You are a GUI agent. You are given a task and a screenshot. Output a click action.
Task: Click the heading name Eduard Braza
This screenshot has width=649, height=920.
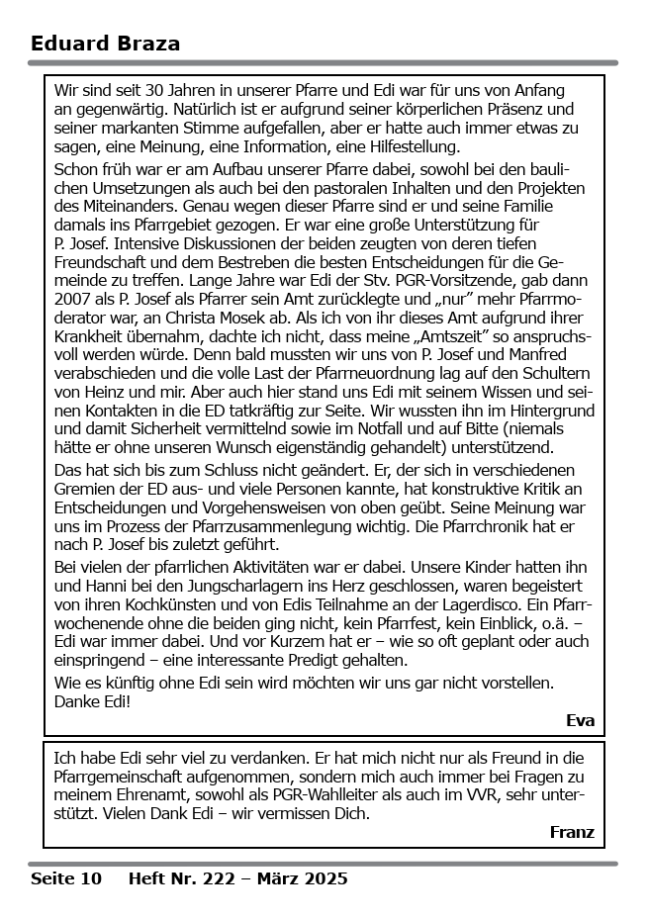click(x=105, y=44)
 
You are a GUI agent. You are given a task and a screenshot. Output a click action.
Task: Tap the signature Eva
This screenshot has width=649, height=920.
click(x=580, y=720)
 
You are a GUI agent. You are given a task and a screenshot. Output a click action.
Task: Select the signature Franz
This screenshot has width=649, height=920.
click(x=572, y=833)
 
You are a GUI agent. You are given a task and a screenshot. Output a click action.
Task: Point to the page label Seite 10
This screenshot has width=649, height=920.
click(x=65, y=878)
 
